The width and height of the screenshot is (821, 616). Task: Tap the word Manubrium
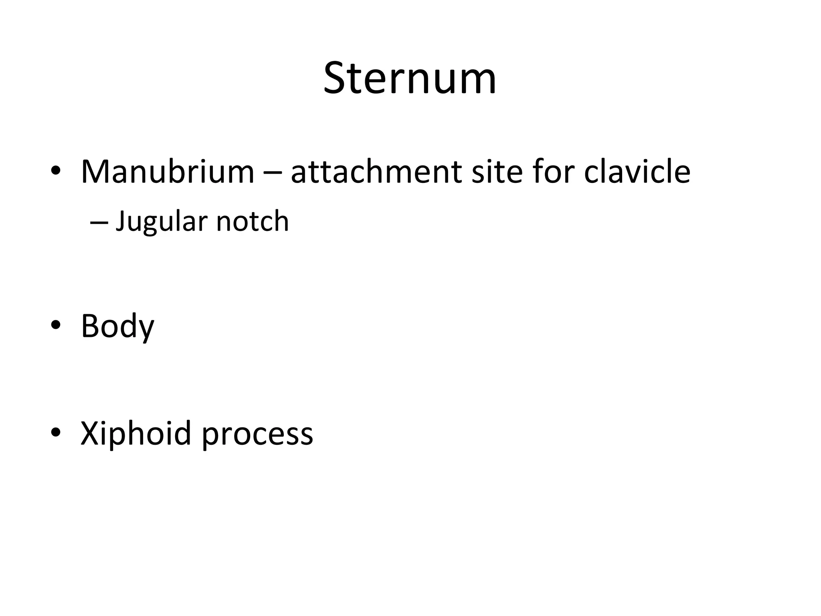(168, 172)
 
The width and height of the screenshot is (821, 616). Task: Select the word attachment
(376, 172)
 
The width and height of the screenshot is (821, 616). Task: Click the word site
(497, 172)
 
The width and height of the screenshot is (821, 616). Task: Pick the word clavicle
(637, 172)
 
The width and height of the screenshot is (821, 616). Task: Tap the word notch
(252, 222)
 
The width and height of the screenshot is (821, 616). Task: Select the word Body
(117, 326)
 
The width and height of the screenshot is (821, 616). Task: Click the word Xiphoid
(135, 434)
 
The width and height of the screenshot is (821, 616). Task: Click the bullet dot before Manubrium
(56, 171)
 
